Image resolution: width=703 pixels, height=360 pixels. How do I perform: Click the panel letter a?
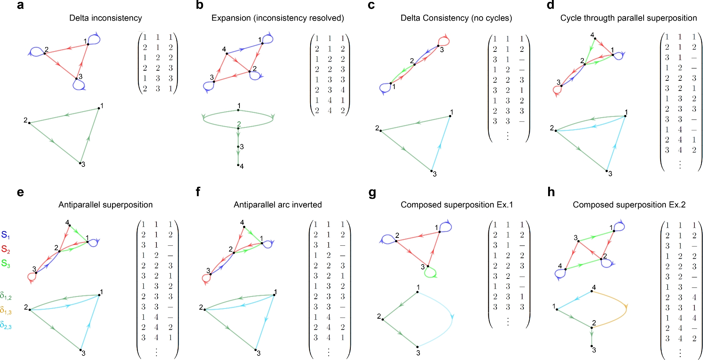[x=20, y=5]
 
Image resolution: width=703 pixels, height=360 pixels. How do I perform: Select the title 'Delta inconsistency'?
[x=106, y=18]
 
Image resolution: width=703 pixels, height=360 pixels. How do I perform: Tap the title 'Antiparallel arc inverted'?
[x=277, y=205]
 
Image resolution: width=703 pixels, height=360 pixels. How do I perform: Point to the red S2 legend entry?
[x=6, y=249]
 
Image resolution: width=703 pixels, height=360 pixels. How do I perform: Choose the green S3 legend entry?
[x=6, y=263]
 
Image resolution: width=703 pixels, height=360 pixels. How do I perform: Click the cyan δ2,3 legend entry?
[x=6, y=325]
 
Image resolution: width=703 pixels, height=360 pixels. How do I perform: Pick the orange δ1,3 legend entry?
[x=6, y=310]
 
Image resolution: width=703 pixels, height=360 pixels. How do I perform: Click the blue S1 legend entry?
[x=6, y=235]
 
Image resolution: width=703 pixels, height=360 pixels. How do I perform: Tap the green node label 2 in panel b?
[x=239, y=124]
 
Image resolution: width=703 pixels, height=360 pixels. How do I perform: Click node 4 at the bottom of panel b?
[x=238, y=165]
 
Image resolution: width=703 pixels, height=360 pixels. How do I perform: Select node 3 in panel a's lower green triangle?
[x=80, y=163]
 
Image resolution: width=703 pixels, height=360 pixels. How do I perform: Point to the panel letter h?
[x=551, y=192]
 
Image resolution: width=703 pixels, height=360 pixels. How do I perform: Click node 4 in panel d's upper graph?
[x=595, y=38]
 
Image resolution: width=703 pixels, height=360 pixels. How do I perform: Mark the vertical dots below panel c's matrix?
[x=508, y=136]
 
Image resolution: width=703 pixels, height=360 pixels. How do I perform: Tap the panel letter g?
[x=372, y=193]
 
